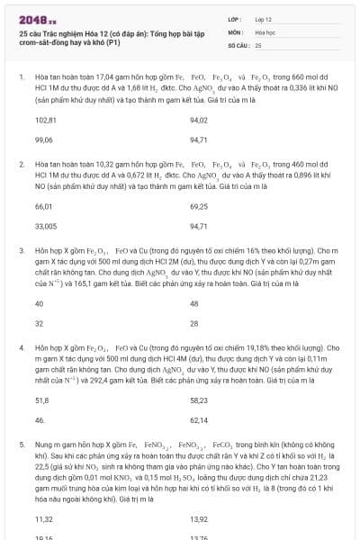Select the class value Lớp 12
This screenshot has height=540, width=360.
click(x=264, y=18)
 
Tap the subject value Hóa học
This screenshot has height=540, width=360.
click(x=265, y=31)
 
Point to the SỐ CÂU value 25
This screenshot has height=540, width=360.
click(x=258, y=44)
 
